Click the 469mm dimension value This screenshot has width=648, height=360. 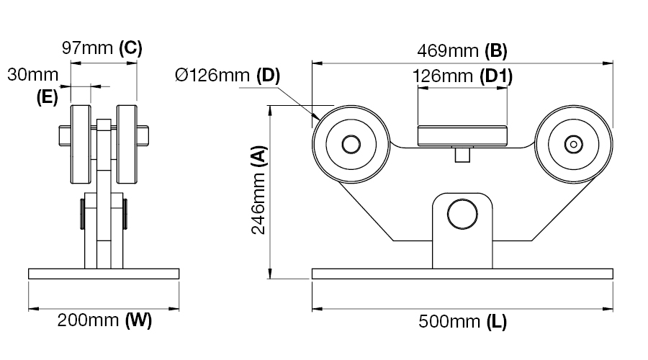(x=448, y=51)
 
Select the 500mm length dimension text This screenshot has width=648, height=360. (x=449, y=322)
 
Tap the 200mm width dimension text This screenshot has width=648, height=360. (x=88, y=320)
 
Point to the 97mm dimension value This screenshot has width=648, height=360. (x=87, y=48)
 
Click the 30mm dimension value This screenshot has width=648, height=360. (x=32, y=75)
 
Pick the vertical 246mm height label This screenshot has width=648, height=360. (x=258, y=202)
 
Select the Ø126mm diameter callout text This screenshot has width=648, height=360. (x=212, y=75)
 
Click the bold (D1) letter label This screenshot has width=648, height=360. (x=496, y=76)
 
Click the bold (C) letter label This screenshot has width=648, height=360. (x=130, y=48)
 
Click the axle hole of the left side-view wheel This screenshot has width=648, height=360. (x=351, y=144)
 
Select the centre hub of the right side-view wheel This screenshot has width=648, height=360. (x=574, y=144)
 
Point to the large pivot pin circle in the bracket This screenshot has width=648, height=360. (x=462, y=214)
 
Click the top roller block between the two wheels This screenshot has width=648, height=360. (x=462, y=136)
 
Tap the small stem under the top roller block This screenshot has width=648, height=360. (x=462, y=155)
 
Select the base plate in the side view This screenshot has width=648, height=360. (x=462, y=274)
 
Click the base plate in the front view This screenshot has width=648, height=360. (x=104, y=274)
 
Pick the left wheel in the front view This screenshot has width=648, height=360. (x=81, y=144)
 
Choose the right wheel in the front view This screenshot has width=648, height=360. (x=127, y=144)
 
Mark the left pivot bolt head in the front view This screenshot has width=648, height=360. (x=83, y=214)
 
